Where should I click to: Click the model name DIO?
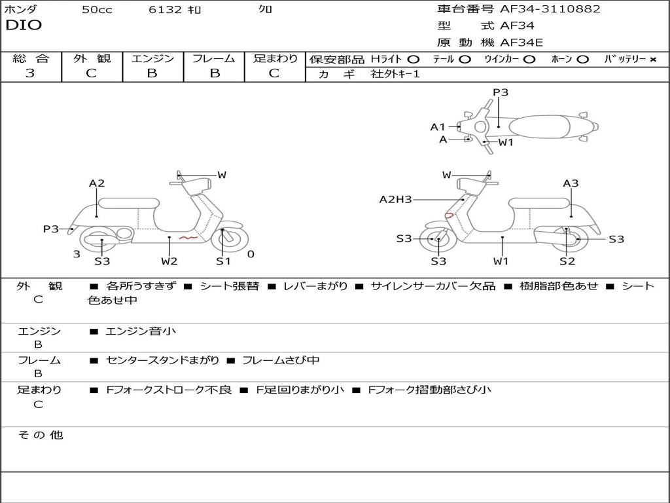tap(24, 25)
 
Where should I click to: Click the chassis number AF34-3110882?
tap(550, 9)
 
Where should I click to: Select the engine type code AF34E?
tap(521, 43)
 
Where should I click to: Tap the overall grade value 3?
tap(30, 73)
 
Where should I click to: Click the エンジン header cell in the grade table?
tap(152, 58)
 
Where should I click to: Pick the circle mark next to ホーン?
tap(582, 60)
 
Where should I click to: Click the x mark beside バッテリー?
tap(652, 60)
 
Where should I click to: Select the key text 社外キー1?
tap(395, 74)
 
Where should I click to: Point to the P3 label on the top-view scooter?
tap(501, 92)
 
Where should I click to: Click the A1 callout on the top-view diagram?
tap(438, 127)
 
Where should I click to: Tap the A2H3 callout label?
tap(395, 199)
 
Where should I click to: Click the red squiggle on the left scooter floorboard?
tap(188, 237)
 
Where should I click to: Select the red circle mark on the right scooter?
tap(449, 215)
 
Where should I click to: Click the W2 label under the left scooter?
tap(169, 261)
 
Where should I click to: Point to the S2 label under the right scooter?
tap(567, 261)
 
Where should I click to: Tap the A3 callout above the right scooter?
tap(571, 183)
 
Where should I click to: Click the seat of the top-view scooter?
tap(539, 126)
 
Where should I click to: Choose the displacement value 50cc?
tap(97, 9)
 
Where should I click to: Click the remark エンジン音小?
tap(140, 331)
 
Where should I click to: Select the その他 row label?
tap(41, 435)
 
